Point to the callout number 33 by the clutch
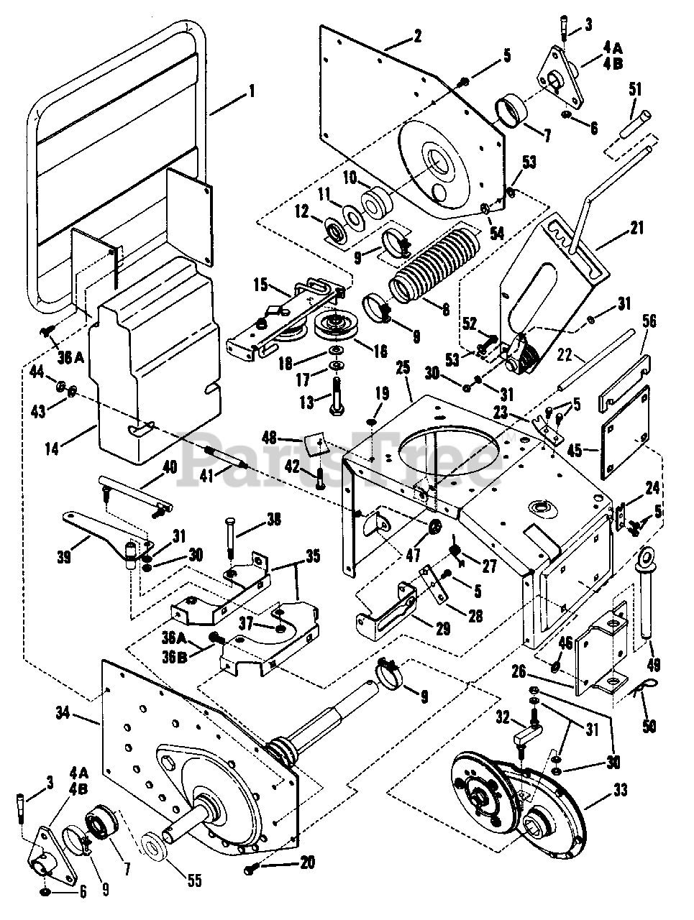pyautogui.click(x=620, y=790)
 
